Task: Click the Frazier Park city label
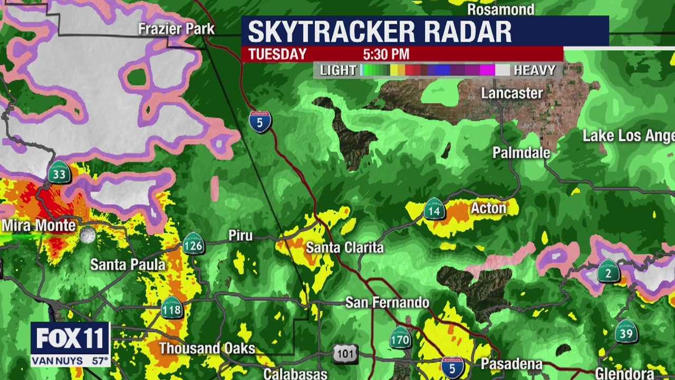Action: pos(176,28)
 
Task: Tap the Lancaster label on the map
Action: pos(512,93)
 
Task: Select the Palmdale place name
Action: pos(521,153)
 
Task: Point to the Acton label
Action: pos(488,208)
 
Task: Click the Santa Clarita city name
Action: pos(345,248)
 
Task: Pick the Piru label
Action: pos(240,235)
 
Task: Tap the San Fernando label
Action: pos(387,302)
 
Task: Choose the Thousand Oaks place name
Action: pos(207,348)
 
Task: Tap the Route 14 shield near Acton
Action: pos(434,210)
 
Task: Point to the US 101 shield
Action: pos(345,353)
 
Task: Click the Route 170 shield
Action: pos(400,338)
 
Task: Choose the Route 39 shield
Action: pos(626,331)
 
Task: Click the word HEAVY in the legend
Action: pos(535,70)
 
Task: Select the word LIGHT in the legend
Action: pos(338,70)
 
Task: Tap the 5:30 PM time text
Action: pos(386,54)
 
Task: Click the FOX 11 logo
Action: pos(70,338)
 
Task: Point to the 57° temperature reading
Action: pos(99,362)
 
